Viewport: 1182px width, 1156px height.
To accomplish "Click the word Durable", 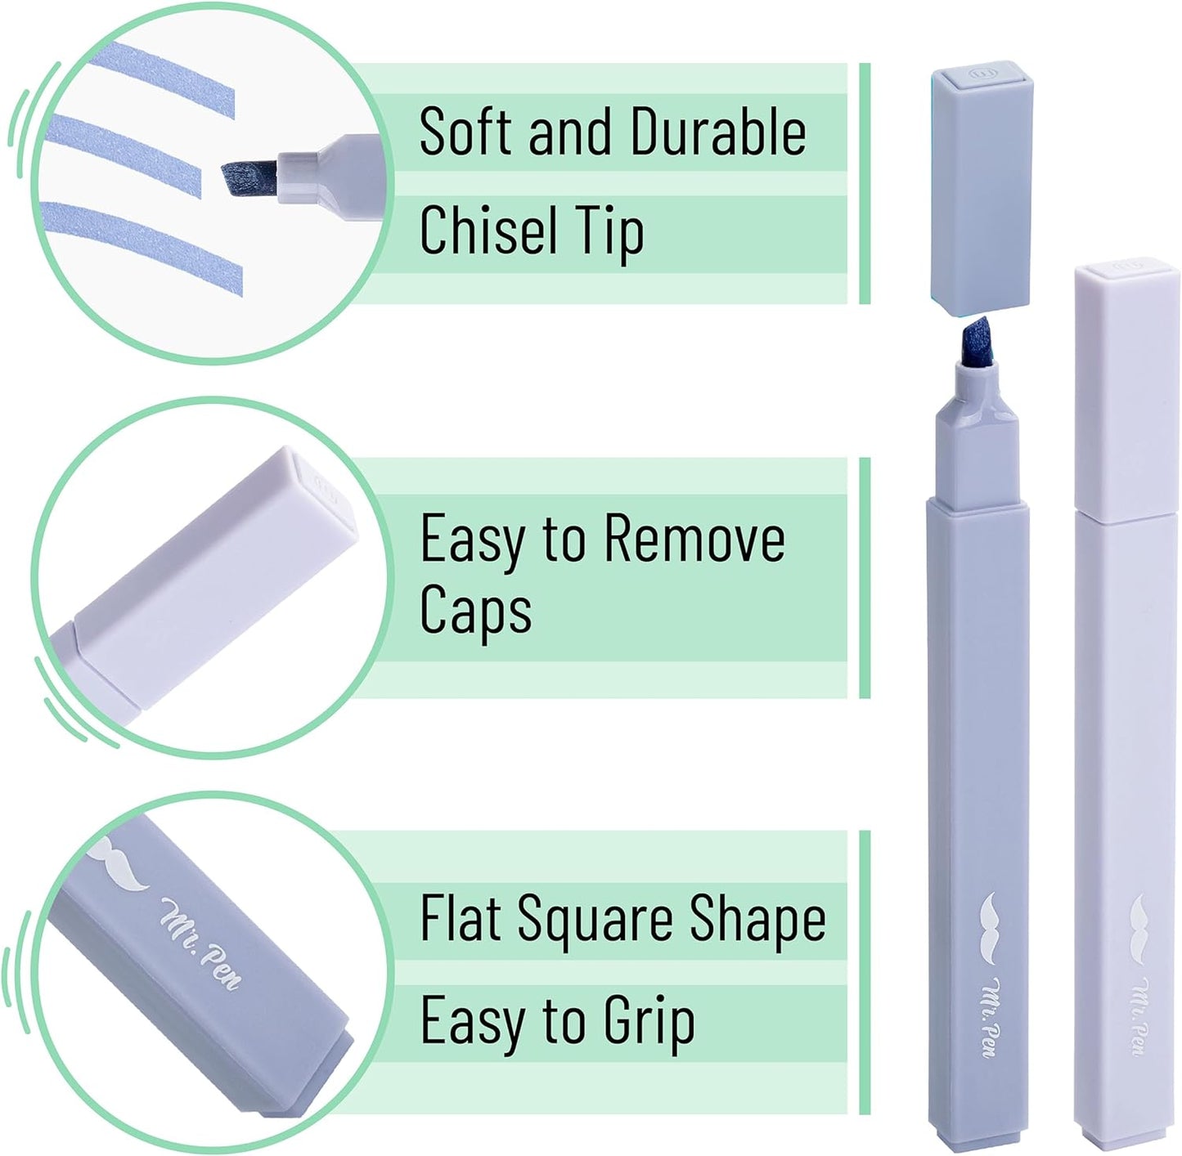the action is tap(718, 132).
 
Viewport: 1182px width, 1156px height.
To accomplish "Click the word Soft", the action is tap(467, 132).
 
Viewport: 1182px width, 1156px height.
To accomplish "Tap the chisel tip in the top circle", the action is tap(249, 181).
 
